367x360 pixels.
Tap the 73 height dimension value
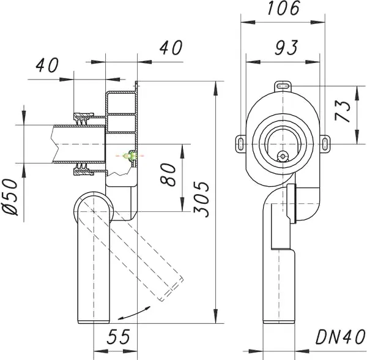pyautogui.click(x=346, y=113)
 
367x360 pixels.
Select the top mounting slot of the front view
pyautogui.click(x=283, y=86)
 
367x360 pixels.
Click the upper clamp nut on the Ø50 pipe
pyautogui.click(x=81, y=116)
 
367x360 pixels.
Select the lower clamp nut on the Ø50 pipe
pyautogui.click(x=81, y=168)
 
